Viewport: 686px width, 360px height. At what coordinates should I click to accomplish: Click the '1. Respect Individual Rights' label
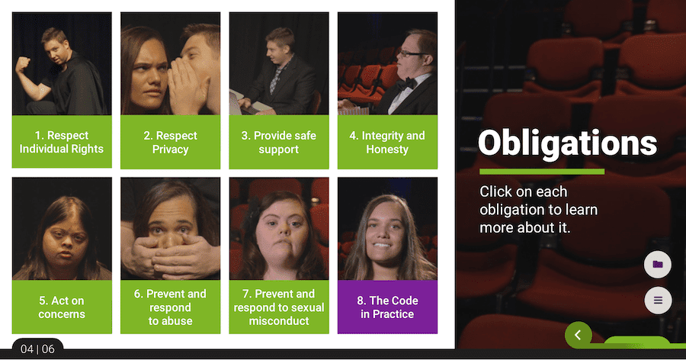click(x=62, y=141)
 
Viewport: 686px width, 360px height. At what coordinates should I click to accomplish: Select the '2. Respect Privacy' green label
click(x=170, y=142)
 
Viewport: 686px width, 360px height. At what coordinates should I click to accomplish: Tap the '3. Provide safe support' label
click(x=279, y=142)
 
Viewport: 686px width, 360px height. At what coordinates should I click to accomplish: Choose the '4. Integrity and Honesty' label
click(x=387, y=142)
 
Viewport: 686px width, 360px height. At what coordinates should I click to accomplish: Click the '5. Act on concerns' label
click(x=62, y=307)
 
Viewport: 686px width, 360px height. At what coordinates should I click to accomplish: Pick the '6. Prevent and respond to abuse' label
click(x=170, y=307)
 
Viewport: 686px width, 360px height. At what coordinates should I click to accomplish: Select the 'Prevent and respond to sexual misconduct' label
click(x=279, y=307)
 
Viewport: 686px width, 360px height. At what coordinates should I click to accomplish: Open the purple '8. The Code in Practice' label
click(x=387, y=307)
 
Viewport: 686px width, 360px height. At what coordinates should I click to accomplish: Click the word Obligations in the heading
click(x=567, y=143)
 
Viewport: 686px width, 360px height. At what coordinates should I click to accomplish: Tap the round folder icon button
click(x=658, y=264)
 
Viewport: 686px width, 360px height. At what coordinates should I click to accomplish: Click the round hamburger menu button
click(x=658, y=300)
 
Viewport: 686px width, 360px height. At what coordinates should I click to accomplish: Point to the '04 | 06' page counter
click(x=37, y=349)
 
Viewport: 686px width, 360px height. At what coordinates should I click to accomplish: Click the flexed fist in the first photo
click(x=22, y=65)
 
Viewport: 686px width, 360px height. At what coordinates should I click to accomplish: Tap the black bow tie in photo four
click(x=406, y=84)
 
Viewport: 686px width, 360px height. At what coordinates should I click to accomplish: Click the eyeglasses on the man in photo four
click(x=410, y=53)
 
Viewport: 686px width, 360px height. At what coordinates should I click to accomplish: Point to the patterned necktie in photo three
click(x=276, y=79)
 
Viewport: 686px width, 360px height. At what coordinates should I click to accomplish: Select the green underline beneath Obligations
click(x=542, y=172)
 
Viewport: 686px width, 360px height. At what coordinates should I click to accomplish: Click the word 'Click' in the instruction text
click(x=495, y=191)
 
